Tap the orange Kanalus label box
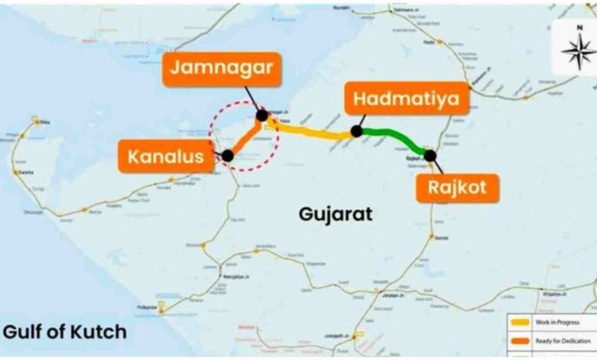165,158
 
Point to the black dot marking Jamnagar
263,116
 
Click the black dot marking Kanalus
227,155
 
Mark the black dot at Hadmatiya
356,132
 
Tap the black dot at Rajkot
430,155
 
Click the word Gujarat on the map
336,214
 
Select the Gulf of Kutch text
64,332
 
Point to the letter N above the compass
579,27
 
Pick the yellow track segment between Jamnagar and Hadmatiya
310,133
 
